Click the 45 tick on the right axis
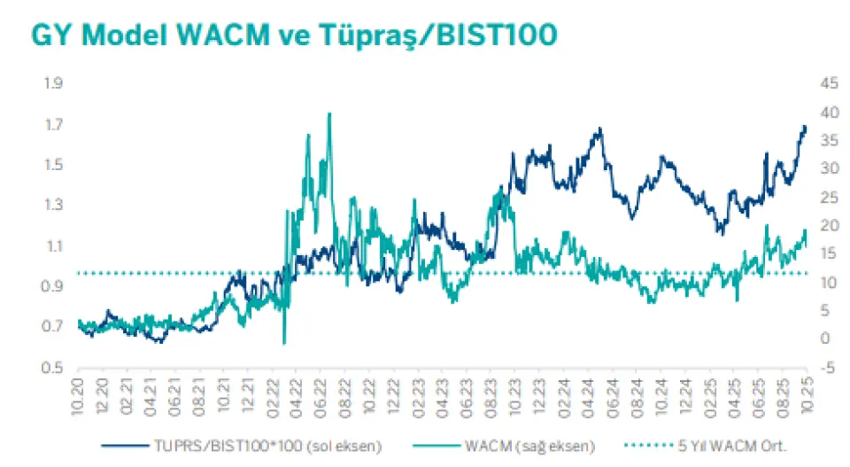click(x=829, y=83)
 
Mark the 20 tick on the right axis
click(x=829, y=226)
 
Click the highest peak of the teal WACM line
click(x=329, y=113)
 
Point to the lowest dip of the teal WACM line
click(x=284, y=343)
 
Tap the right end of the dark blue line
click(x=806, y=128)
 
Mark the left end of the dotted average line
click(x=80, y=273)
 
